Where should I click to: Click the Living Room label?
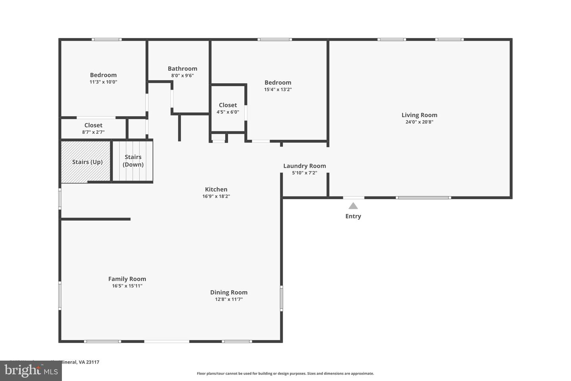tap(419, 115)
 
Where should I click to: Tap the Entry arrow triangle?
tap(353, 206)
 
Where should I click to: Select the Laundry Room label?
tap(305, 166)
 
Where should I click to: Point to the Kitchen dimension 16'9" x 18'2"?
tap(216, 196)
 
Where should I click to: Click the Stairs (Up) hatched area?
tap(86, 162)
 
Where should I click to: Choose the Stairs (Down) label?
tap(133, 161)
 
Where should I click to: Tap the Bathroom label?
tap(182, 69)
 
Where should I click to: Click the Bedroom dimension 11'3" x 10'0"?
tap(103, 82)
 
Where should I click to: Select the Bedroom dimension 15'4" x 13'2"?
tap(278, 89)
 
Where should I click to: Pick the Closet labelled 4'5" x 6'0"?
tap(228, 108)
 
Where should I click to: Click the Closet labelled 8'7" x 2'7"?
tap(93, 128)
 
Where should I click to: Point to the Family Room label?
tap(127, 279)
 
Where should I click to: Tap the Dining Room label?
tap(229, 292)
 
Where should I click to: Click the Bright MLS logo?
tap(31, 371)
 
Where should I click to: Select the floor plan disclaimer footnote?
tap(285, 373)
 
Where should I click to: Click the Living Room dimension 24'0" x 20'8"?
tap(419, 122)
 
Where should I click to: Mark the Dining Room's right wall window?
tap(282, 298)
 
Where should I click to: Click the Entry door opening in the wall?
tap(353, 197)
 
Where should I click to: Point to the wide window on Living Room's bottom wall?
tap(423, 197)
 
